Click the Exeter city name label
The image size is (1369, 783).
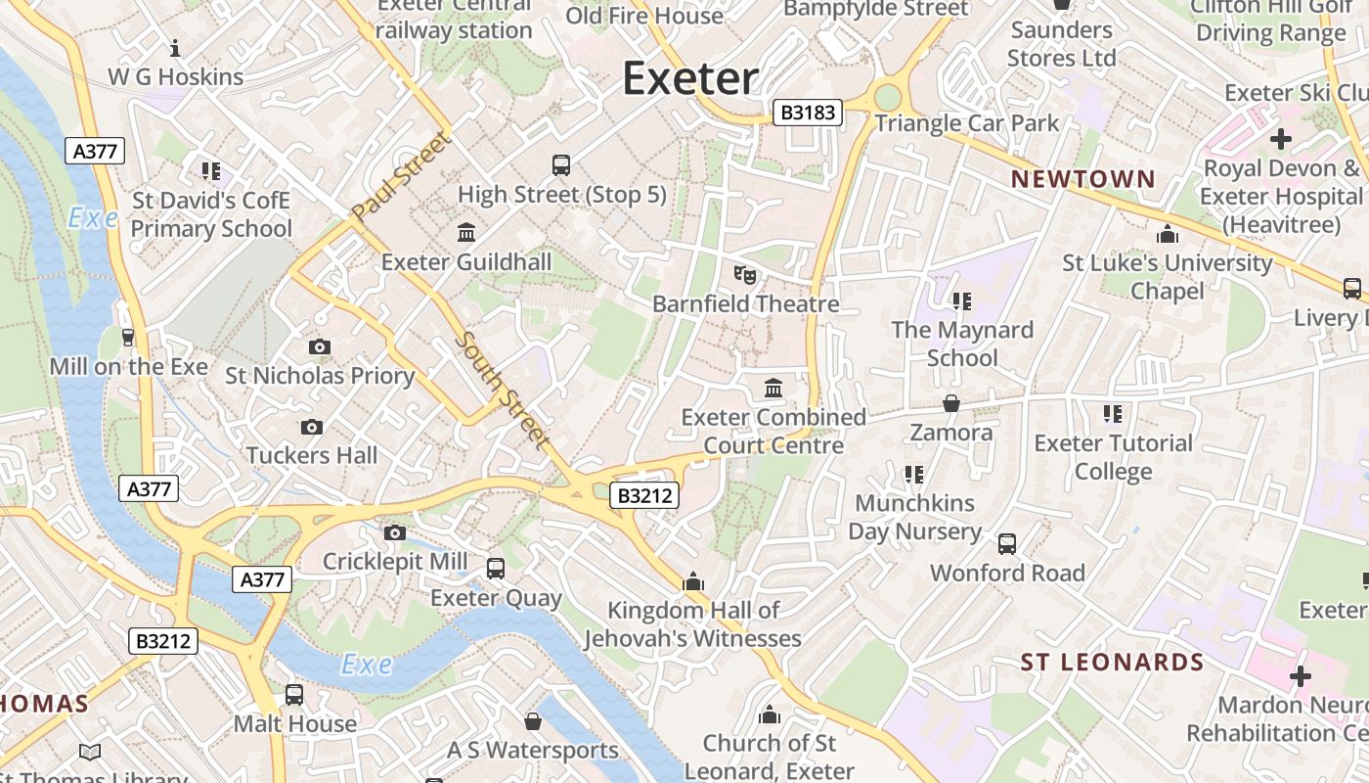click(690, 78)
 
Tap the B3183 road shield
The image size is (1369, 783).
click(808, 113)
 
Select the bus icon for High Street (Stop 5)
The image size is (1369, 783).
click(561, 165)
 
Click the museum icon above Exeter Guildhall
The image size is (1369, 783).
click(466, 233)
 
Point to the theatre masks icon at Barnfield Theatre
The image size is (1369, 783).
click(745, 275)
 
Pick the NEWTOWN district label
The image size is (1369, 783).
click(1082, 179)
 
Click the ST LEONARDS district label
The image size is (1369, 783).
click(1112, 663)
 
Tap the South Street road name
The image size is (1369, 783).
click(503, 391)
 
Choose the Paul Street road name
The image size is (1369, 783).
click(402, 176)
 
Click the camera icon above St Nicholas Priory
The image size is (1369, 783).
click(319, 346)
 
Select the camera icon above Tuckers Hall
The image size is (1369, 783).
click(312, 427)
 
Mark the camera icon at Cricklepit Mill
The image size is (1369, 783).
click(395, 532)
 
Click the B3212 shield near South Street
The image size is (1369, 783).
click(645, 496)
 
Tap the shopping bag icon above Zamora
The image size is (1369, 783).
click(950, 403)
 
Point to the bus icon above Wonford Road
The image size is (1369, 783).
click(1007, 544)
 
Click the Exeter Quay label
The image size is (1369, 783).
click(496, 598)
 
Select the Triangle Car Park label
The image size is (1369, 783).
click(966, 123)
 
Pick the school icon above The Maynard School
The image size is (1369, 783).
click(962, 301)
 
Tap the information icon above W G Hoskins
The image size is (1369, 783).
click(175, 47)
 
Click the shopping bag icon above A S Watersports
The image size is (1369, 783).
click(533, 721)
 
